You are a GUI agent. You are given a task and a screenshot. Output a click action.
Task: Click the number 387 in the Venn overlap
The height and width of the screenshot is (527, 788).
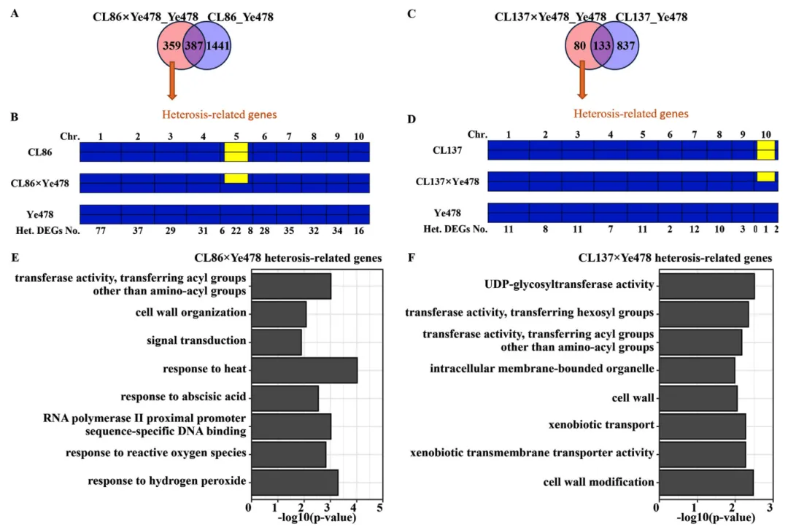pyautogui.click(x=194, y=46)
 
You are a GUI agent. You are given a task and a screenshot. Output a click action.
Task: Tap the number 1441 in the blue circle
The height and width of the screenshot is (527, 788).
pyautogui.click(x=217, y=46)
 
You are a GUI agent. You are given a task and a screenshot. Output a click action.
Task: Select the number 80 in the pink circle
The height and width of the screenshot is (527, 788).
pyautogui.click(x=579, y=46)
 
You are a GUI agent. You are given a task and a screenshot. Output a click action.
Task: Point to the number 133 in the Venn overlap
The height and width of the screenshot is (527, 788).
pyautogui.click(x=601, y=46)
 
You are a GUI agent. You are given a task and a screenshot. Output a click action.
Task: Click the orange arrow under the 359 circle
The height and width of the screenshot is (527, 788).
pyautogui.click(x=172, y=81)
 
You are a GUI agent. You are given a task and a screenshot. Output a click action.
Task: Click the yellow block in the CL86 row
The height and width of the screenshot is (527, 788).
pyautogui.click(x=236, y=152)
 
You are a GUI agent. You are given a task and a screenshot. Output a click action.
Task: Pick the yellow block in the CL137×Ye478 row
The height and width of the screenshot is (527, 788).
pyautogui.click(x=766, y=176)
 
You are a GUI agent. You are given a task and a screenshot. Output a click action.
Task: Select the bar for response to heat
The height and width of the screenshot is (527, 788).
pyautogui.click(x=304, y=370)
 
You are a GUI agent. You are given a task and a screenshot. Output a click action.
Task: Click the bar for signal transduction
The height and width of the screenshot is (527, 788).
pyautogui.click(x=277, y=343)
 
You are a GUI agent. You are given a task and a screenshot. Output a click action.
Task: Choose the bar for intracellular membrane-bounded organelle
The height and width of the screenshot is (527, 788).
pyautogui.click(x=697, y=370)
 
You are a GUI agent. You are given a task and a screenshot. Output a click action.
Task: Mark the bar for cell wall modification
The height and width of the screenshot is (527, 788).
pyautogui.click(x=706, y=483)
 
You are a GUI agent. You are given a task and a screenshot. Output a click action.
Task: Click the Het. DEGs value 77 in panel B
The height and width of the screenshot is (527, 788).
pyautogui.click(x=101, y=230)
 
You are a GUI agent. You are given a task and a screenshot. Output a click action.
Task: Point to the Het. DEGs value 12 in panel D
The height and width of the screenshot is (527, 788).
pyautogui.click(x=694, y=229)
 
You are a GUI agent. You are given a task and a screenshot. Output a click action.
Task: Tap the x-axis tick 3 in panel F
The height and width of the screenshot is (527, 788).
pyautogui.click(x=770, y=507)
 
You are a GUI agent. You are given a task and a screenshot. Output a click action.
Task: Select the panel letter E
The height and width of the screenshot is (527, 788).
pyautogui.click(x=15, y=257)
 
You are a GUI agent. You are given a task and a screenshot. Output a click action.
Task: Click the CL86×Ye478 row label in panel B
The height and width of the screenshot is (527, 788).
pyautogui.click(x=39, y=183)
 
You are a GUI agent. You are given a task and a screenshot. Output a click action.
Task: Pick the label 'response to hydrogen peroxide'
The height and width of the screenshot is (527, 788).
pyautogui.click(x=167, y=481)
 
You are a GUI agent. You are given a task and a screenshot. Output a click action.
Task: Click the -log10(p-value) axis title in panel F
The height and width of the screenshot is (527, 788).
pyautogui.click(x=716, y=518)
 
